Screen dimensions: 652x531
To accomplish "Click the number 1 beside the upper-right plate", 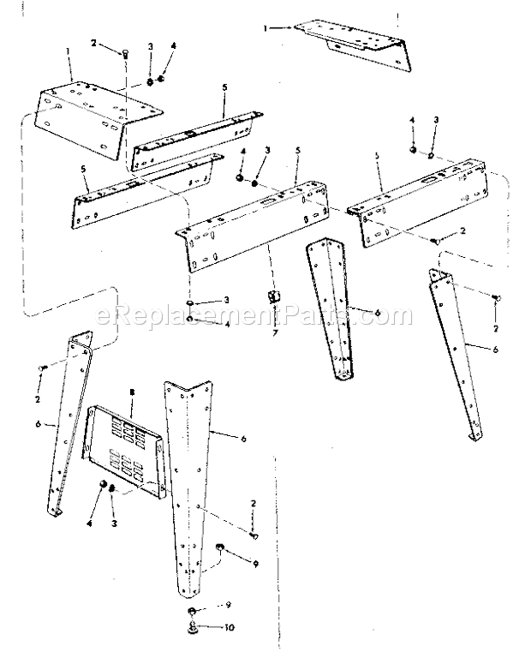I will point(266,28).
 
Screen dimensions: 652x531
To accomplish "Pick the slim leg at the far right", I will point(454,351).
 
